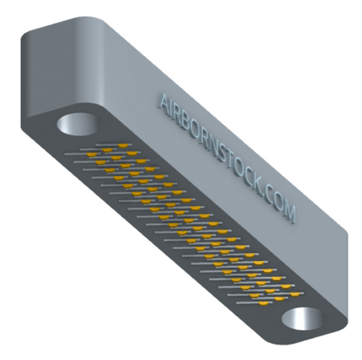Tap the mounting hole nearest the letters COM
coord(301,319)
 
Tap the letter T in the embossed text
coord(235,167)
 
